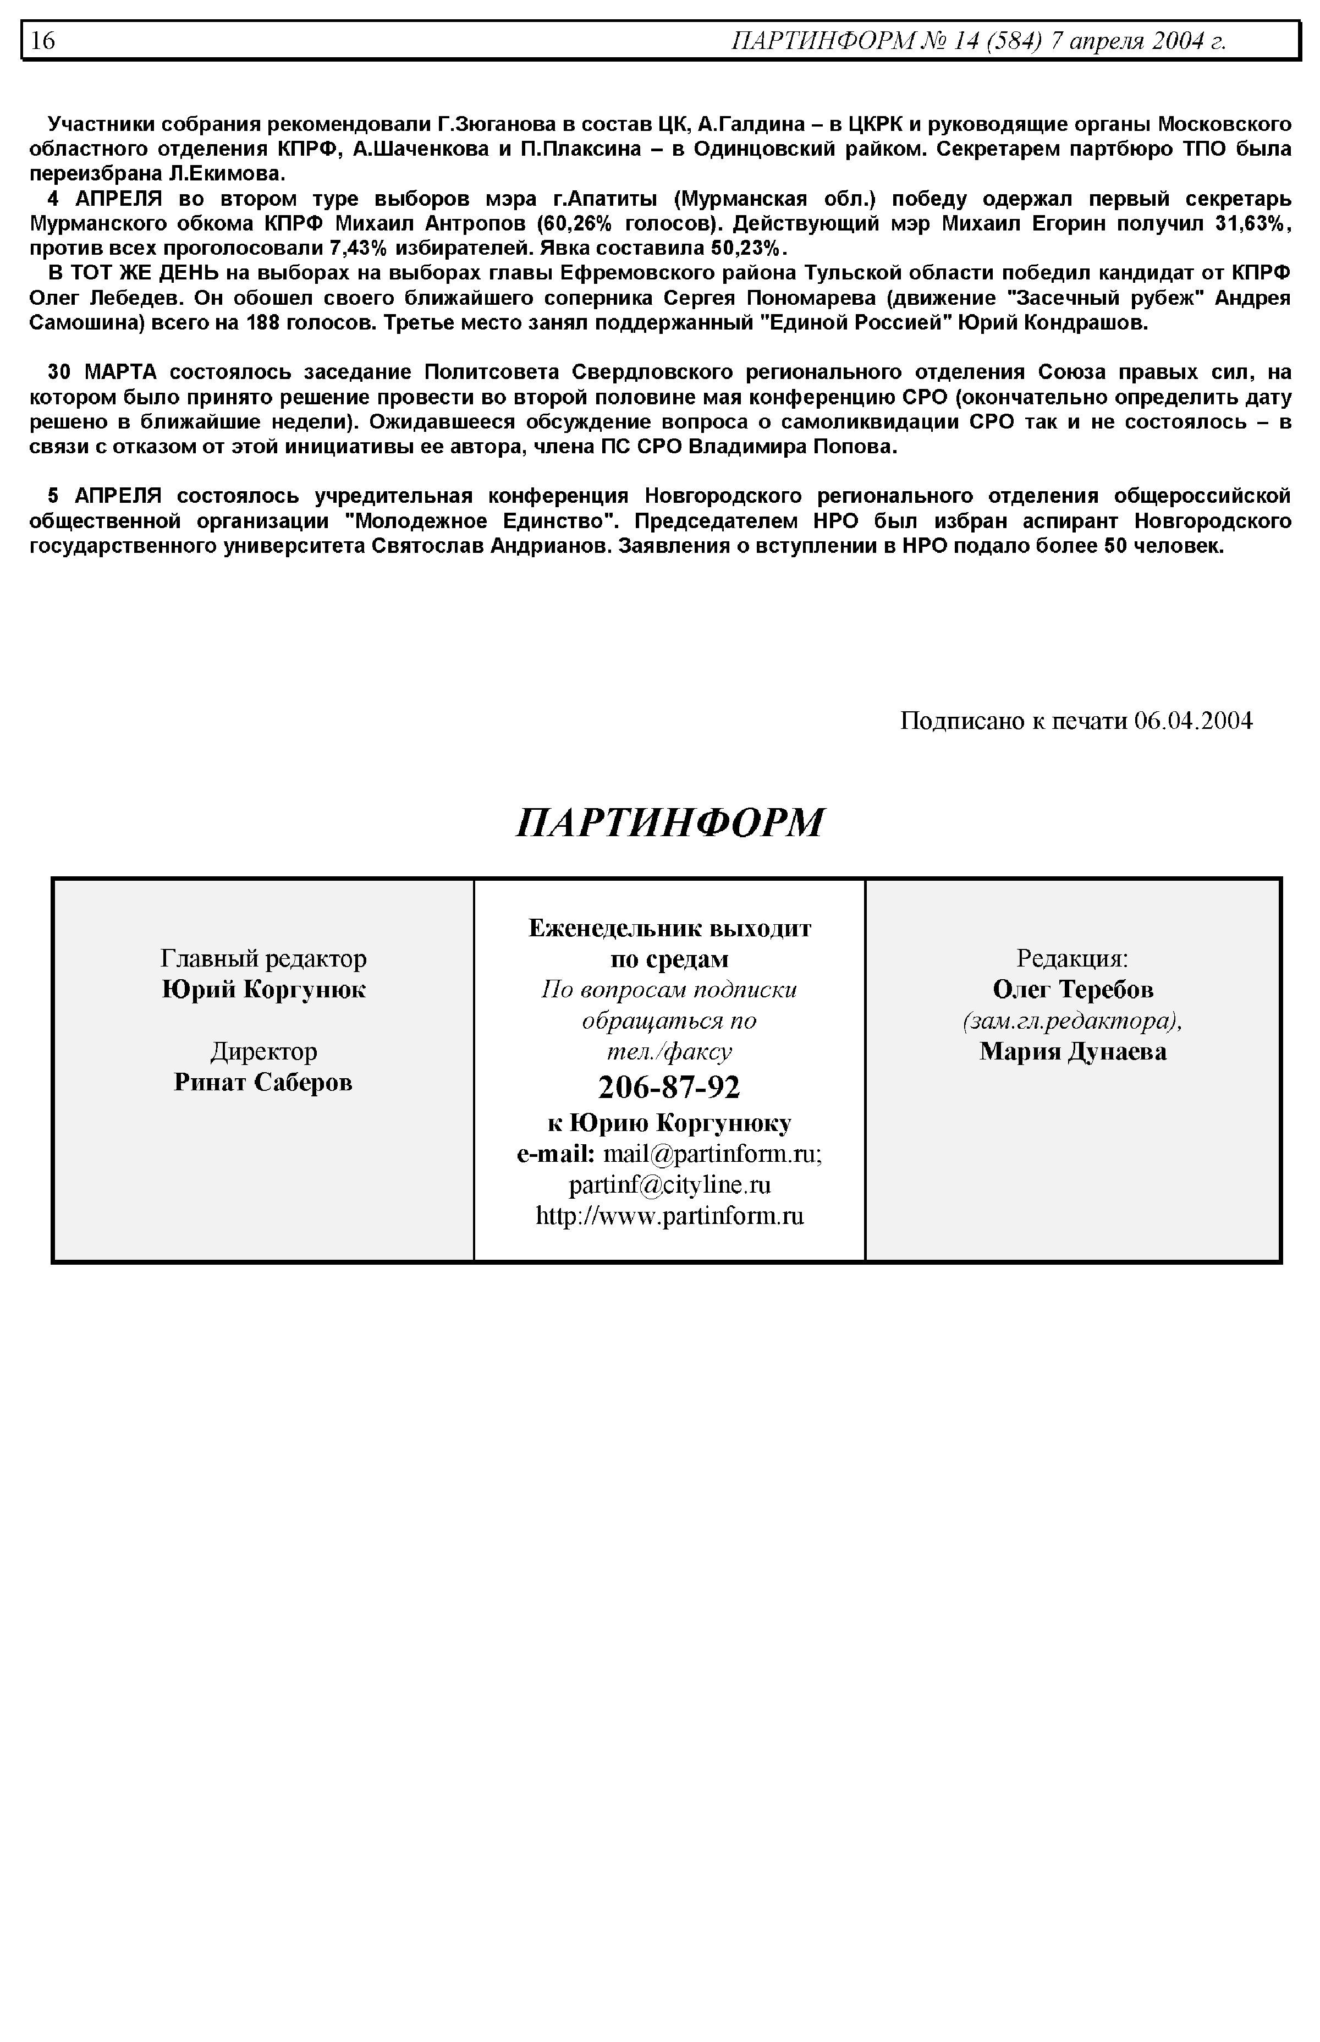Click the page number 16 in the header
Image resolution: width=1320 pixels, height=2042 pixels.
coord(43,40)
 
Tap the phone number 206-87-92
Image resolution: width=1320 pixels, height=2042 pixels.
coord(669,1087)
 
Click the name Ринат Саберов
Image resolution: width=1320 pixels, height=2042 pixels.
coord(263,1082)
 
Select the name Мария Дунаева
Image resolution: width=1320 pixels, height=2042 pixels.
coord(1073,1051)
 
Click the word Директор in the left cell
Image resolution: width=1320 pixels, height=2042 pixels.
coord(263,1051)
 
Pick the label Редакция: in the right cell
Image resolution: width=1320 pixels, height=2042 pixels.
coord(1072,958)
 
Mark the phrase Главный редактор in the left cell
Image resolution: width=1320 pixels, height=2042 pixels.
coord(263,958)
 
